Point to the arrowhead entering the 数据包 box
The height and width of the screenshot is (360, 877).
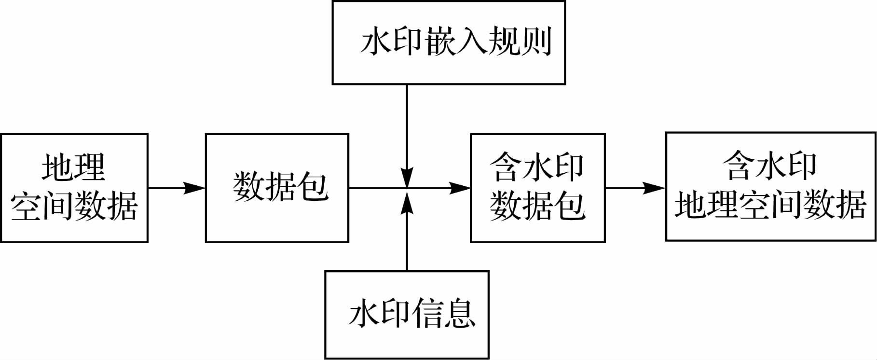[x=195, y=188]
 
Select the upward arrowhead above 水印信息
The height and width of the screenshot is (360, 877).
[x=408, y=200]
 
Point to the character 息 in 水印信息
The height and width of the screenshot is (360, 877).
[x=461, y=314]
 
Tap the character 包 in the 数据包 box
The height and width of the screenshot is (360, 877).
[x=314, y=186]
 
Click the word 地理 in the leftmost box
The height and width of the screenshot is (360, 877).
[x=74, y=167]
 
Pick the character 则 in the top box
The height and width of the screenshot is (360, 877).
[x=536, y=41]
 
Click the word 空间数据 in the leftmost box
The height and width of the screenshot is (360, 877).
[x=74, y=206]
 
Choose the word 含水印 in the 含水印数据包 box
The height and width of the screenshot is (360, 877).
[x=537, y=167]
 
